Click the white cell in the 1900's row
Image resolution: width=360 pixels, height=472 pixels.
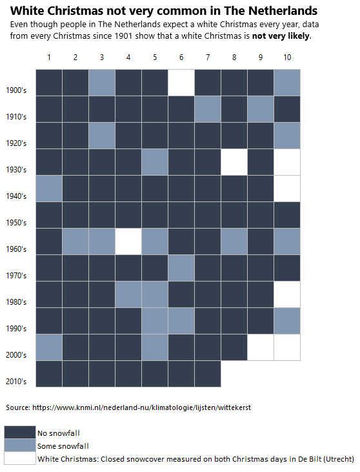click(x=181, y=82)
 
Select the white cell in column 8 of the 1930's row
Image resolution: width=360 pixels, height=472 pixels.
click(x=234, y=161)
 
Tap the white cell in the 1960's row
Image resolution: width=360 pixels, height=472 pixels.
click(x=128, y=241)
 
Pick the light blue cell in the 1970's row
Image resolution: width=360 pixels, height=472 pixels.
click(x=181, y=267)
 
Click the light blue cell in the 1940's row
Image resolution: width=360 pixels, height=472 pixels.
click(x=49, y=188)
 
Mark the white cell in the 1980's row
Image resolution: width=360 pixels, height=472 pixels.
click(x=287, y=294)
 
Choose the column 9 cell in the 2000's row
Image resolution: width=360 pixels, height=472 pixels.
click(x=261, y=347)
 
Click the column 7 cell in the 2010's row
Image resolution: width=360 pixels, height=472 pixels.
click(x=208, y=373)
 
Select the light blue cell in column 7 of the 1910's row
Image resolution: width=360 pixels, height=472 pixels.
click(x=208, y=108)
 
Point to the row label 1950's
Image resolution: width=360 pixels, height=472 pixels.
click(x=16, y=223)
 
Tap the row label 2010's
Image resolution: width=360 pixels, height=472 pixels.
click(x=16, y=382)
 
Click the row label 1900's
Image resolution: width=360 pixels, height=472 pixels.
click(x=16, y=90)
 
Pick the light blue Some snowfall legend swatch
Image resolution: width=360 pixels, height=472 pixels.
click(x=20, y=446)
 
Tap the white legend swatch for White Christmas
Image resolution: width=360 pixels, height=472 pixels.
click(x=20, y=458)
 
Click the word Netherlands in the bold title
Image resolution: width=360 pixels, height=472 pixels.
click(x=285, y=11)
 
